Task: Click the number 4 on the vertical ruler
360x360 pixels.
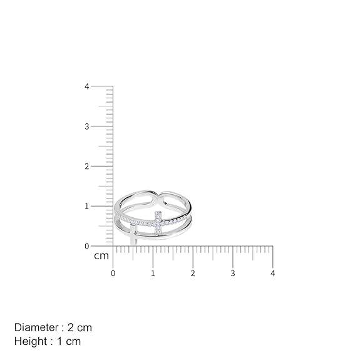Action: (x=87, y=86)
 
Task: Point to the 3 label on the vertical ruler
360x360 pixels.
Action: (x=87, y=126)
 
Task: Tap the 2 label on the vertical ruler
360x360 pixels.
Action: (x=87, y=167)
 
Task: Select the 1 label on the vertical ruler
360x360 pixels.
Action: (x=87, y=207)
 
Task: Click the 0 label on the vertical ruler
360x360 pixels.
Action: (x=87, y=246)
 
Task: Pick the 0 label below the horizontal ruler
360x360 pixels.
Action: (x=113, y=273)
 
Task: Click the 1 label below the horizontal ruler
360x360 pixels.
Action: (x=153, y=273)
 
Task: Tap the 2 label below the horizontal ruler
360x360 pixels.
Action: (x=193, y=273)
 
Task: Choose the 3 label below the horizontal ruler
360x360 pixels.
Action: (x=233, y=273)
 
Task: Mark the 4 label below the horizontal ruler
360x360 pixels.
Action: (x=273, y=273)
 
